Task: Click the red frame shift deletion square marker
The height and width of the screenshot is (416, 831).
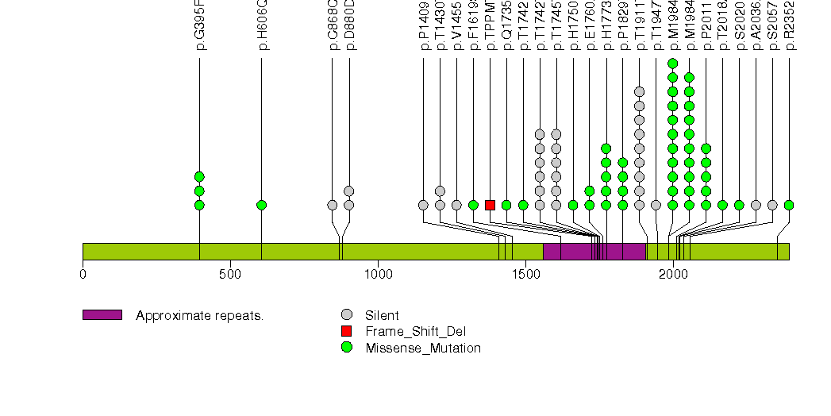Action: (490, 205)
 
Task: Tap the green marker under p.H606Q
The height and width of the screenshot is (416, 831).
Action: (262, 205)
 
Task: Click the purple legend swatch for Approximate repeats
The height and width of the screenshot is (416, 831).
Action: (102, 315)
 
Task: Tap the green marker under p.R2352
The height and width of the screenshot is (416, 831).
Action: (789, 205)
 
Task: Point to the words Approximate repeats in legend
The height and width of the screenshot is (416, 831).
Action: (199, 315)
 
